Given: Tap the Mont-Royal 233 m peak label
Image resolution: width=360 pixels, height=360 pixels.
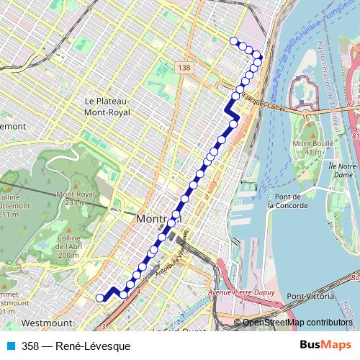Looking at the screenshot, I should [81, 198].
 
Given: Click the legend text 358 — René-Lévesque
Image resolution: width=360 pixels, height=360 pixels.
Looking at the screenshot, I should [71, 346].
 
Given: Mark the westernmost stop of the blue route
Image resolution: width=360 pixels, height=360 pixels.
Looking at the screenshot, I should [100, 297].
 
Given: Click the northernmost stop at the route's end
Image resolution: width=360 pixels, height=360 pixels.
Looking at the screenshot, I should [233, 41].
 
